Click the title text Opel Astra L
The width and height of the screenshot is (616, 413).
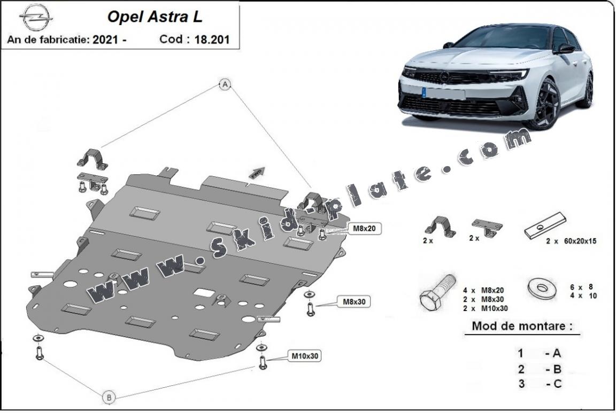[155, 17]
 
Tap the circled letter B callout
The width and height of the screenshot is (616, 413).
[109, 397]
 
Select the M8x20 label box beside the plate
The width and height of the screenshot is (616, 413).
[364, 229]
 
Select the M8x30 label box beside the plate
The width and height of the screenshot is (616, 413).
[353, 302]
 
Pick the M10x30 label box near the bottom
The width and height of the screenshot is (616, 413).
[306, 355]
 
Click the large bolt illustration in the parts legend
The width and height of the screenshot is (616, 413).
[436, 293]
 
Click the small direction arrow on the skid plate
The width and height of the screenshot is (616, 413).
[256, 172]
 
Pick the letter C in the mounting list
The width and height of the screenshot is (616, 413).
[557, 384]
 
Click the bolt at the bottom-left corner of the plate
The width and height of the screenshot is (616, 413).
[38, 353]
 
